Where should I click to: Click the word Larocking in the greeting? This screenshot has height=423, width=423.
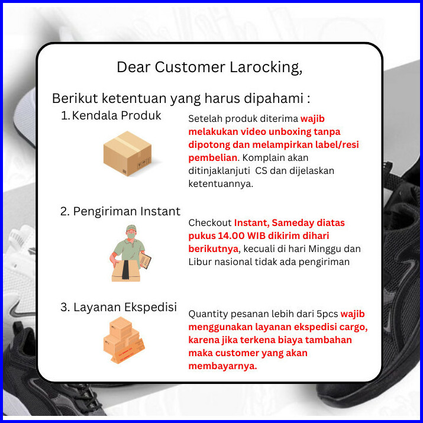coord(266,67)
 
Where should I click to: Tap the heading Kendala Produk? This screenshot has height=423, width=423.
coord(111,115)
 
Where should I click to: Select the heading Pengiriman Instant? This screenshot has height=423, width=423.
coord(120,211)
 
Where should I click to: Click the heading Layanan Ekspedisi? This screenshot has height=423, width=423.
coord(119,307)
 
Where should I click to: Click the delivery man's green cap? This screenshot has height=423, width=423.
coord(131,228)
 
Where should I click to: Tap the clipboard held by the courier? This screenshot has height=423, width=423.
coord(145,260)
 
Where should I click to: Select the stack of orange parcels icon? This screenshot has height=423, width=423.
coord(124,340)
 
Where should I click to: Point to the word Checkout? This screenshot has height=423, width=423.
coord(210,223)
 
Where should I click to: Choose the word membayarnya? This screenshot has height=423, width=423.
coord(222,366)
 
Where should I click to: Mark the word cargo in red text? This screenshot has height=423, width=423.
coord(353,327)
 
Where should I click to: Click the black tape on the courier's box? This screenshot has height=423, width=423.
coord(125,270)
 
